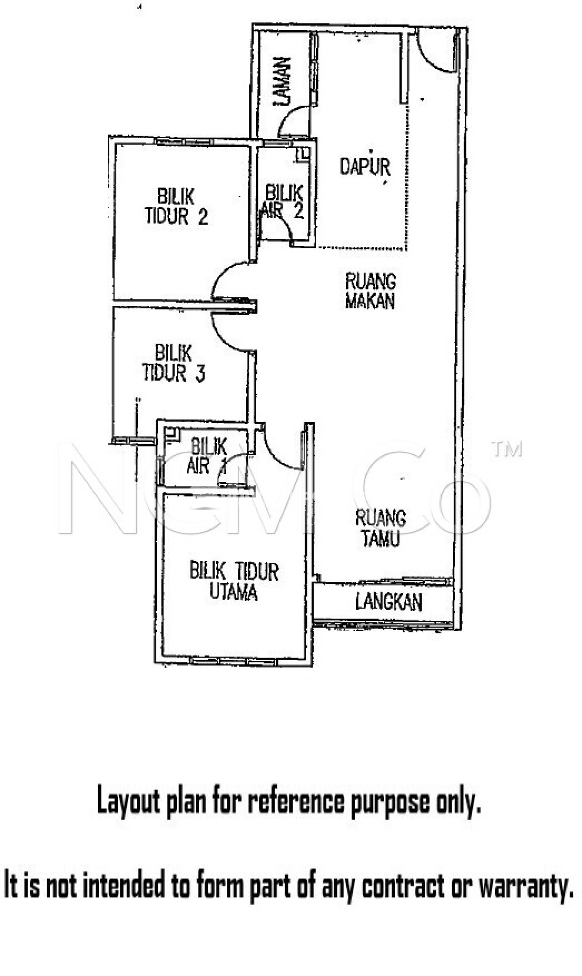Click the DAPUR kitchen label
[x=365, y=167]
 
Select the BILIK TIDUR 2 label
[x=176, y=207]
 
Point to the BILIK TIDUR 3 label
[x=174, y=363]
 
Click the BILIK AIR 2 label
[x=283, y=202]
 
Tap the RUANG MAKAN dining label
[x=370, y=291]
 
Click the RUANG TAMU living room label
[x=380, y=528]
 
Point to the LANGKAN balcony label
[x=388, y=602]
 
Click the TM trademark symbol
[x=507, y=450]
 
